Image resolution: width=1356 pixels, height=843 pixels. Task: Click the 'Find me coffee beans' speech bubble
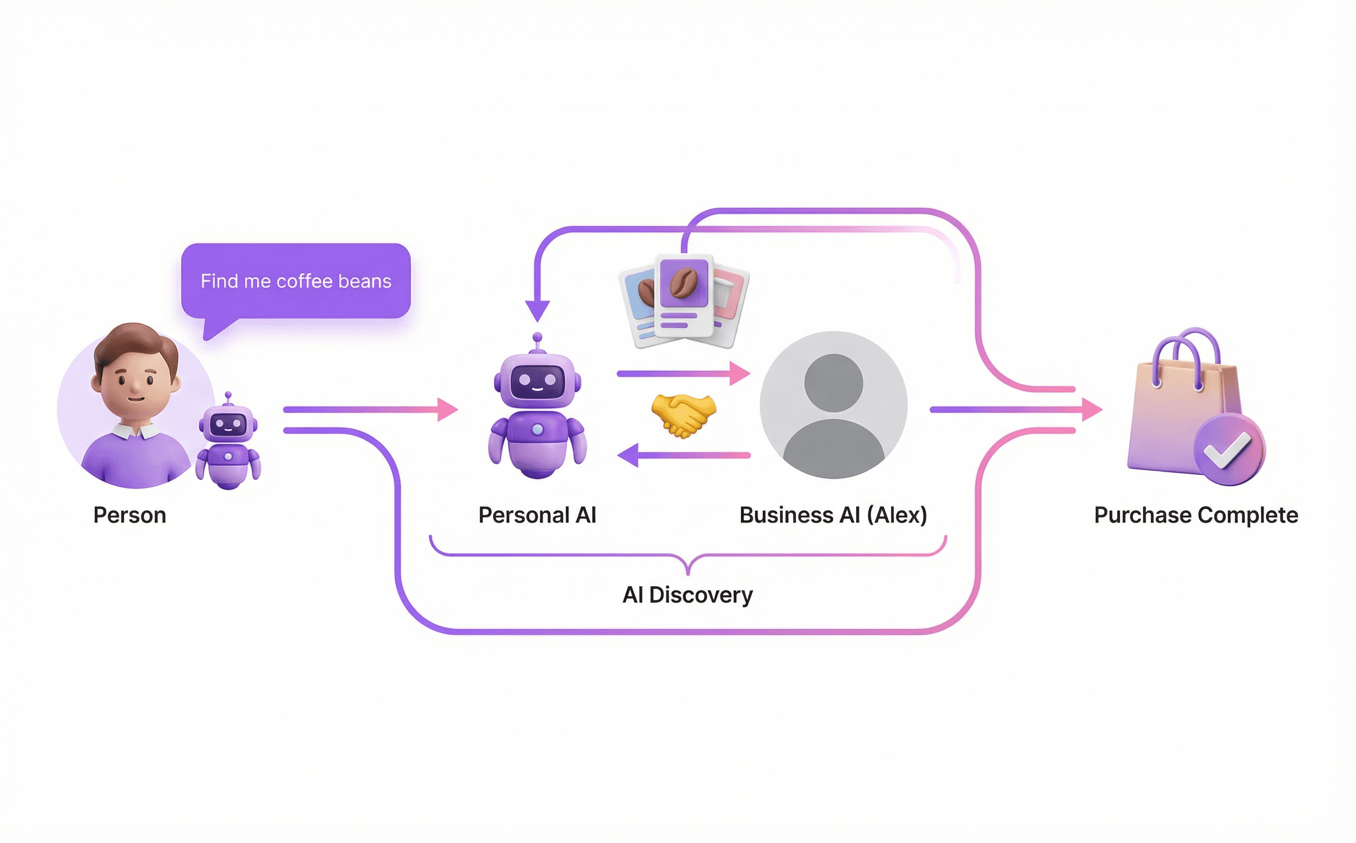click(x=296, y=281)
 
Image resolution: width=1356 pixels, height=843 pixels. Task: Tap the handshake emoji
click(x=683, y=415)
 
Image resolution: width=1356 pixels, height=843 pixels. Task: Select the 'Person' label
click(x=129, y=515)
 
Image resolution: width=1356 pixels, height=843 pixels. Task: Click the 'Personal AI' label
click(x=537, y=515)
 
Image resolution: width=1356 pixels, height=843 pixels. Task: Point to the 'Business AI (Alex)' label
click(x=833, y=515)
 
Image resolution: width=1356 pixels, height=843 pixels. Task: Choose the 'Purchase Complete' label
click(x=1196, y=515)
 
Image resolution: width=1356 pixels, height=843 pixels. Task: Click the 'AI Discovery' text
click(x=687, y=595)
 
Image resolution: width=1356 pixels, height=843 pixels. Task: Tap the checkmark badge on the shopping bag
click(x=1229, y=449)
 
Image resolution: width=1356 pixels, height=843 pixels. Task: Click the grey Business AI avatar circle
click(x=834, y=405)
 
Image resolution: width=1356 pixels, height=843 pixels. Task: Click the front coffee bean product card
click(x=684, y=295)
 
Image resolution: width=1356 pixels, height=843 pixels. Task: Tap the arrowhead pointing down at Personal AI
click(x=537, y=310)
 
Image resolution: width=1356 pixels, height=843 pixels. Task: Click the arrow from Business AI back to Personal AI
click(x=683, y=456)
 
